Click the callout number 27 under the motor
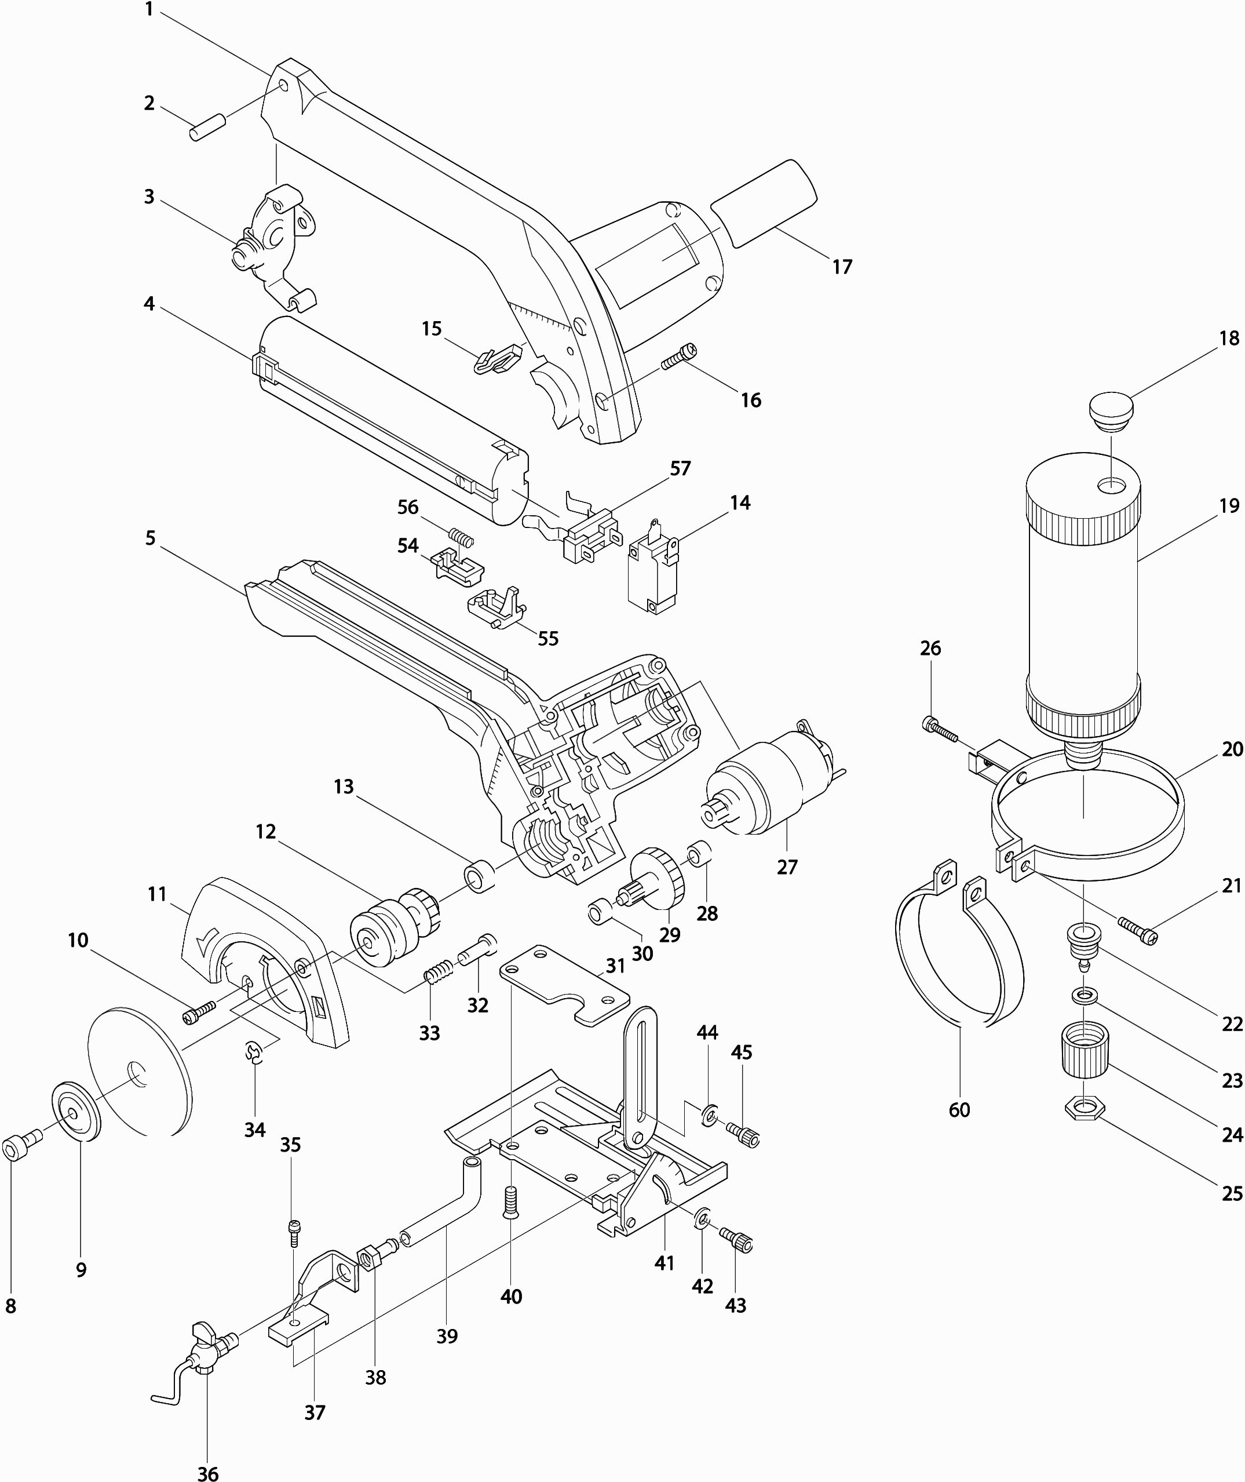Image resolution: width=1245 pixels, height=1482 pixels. (787, 866)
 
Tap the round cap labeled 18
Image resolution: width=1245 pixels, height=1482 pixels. (1111, 412)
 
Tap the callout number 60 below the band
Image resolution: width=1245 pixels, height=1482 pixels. (959, 1110)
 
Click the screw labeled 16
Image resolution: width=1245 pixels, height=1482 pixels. (679, 356)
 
